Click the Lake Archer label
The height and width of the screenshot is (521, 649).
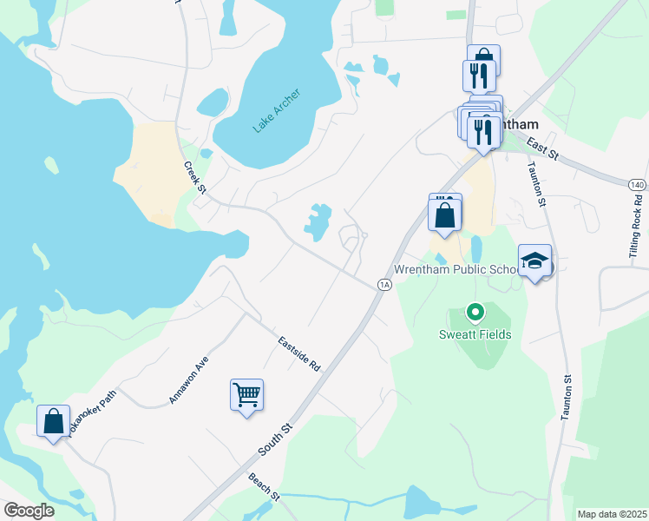click(277, 111)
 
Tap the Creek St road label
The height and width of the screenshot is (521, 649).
click(193, 178)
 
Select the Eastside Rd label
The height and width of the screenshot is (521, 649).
click(299, 354)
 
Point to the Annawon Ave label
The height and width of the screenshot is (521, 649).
click(189, 383)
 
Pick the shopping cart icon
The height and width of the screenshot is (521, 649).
click(247, 395)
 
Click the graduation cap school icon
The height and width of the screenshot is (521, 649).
click(534, 260)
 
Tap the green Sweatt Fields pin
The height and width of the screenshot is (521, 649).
click(475, 311)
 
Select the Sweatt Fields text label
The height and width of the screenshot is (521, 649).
click(475, 334)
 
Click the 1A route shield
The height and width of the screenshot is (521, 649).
click(383, 284)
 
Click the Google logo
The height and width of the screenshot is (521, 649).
click(29, 510)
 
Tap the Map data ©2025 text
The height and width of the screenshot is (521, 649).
click(612, 514)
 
